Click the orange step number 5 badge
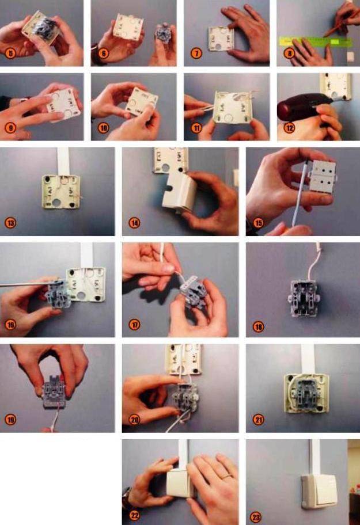pos(10,53)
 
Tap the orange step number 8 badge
pos(289,53)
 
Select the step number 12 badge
pos(289,128)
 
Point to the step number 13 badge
pos(10,223)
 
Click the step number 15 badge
pos(258,223)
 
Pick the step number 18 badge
pos(258,326)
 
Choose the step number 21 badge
pos(258,420)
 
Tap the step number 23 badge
pos(256,517)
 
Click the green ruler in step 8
pos(316,42)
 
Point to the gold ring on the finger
pos(228,475)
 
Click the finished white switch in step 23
pos(319,489)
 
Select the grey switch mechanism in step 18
pos(304,298)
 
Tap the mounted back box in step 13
pos(60,192)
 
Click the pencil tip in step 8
pos(324,36)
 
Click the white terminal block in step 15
pos(323,176)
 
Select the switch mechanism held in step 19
pos(54,392)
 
